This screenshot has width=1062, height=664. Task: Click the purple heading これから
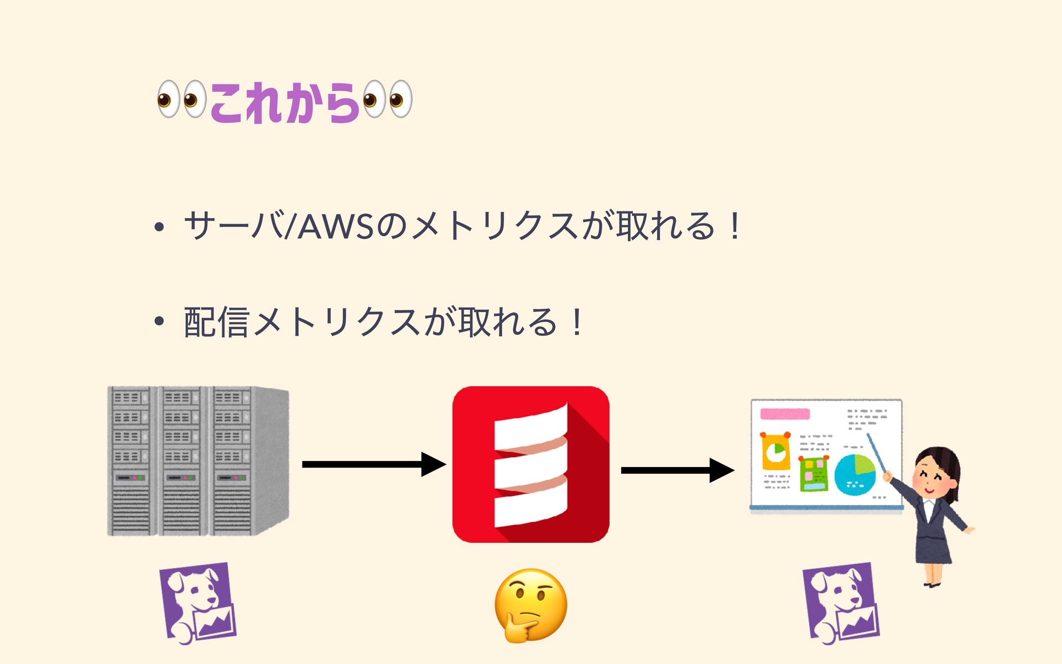coord(284,102)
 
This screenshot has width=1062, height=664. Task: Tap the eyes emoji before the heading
coord(181,100)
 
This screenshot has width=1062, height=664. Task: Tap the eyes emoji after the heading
coord(387,100)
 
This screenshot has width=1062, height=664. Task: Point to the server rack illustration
coord(197,461)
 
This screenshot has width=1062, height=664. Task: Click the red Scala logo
coord(530,464)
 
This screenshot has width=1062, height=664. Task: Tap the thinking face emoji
coord(530,605)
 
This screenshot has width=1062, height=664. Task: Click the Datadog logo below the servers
coord(197,603)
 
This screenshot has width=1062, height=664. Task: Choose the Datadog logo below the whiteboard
coord(841,603)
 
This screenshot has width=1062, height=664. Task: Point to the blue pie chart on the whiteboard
coord(855,475)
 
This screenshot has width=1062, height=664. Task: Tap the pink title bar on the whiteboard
coord(785,414)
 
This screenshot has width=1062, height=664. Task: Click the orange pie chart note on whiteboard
coord(775,451)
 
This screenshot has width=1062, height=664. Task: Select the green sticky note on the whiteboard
coord(814,475)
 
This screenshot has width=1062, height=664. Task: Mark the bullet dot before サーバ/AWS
coord(159,227)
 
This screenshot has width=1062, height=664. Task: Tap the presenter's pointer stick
coord(877,453)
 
